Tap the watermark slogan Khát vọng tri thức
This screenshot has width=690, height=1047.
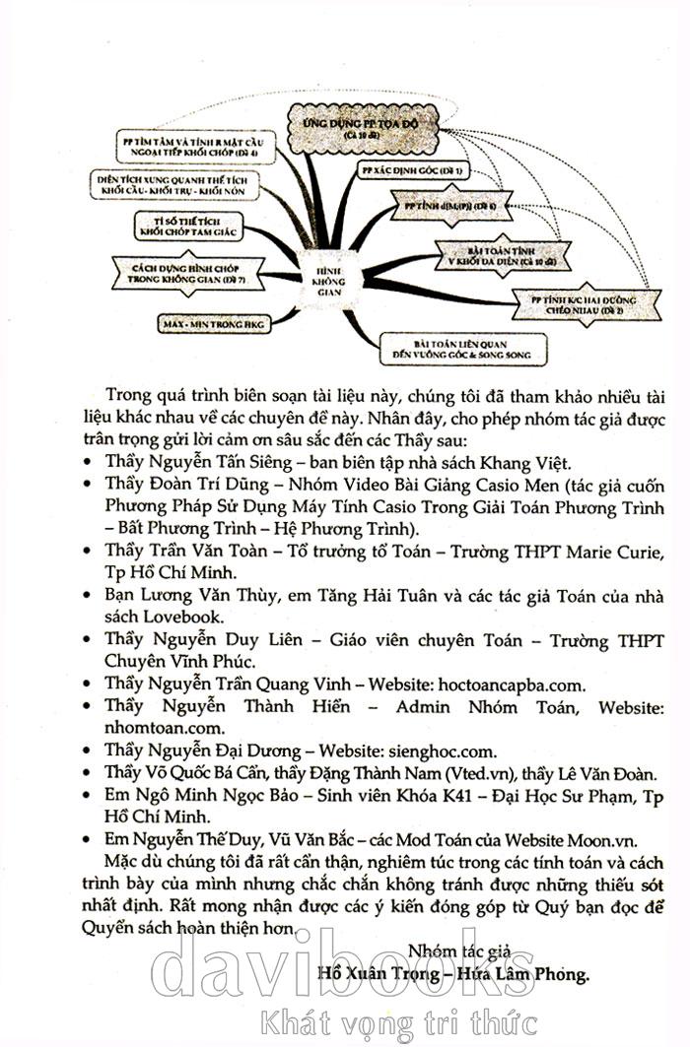pyautogui.click(x=397, y=1022)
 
